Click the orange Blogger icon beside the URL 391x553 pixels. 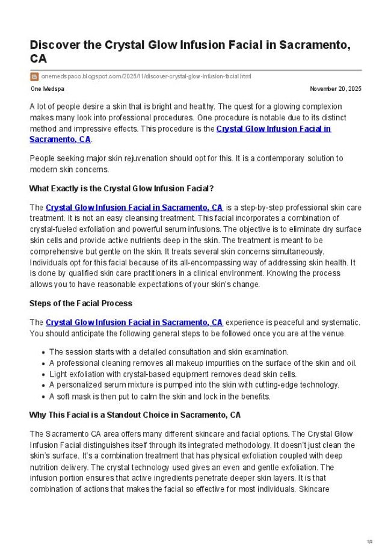tap(34, 76)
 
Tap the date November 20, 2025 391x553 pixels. tap(336, 89)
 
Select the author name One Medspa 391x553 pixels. tap(47, 89)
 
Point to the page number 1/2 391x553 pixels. tap(370, 542)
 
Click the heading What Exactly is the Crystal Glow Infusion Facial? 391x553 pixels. tap(122, 188)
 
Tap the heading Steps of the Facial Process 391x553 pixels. tap(81, 303)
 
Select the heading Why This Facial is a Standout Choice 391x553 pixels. tap(135, 415)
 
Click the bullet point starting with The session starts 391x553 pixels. tap(168, 352)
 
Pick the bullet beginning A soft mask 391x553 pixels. tap(159, 397)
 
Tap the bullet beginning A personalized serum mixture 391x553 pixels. tap(194, 385)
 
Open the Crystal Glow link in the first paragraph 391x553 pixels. tap(273, 129)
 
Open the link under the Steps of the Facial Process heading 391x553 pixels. tap(134, 323)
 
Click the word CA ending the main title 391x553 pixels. tap(38, 59)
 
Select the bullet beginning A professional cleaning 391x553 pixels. tap(203, 363)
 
